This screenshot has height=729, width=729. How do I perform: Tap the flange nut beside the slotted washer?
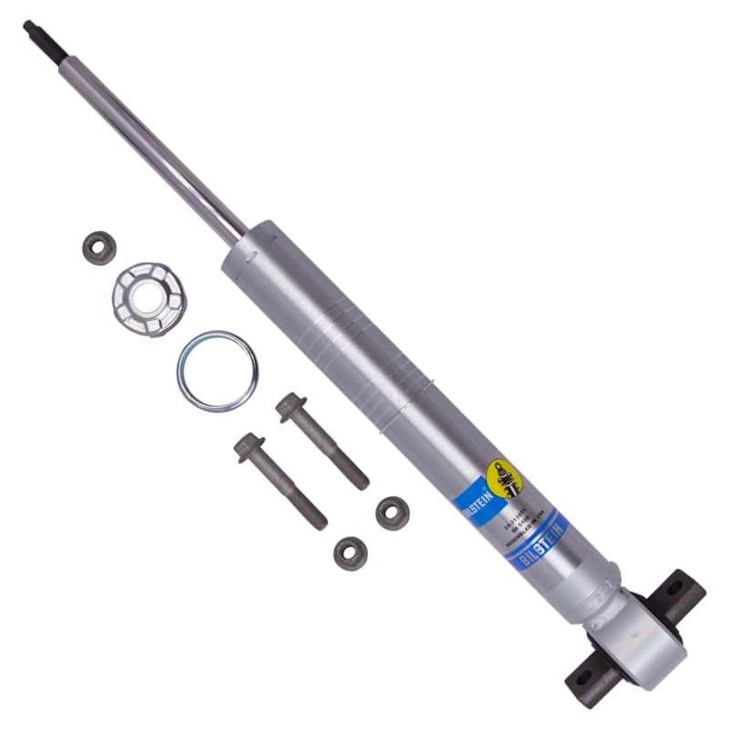98,248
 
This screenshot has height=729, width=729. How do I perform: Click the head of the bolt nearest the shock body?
291,406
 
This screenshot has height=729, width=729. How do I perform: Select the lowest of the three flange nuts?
350,552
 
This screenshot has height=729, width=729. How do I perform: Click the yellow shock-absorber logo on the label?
504,478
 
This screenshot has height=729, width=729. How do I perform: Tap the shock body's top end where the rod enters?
239,240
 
